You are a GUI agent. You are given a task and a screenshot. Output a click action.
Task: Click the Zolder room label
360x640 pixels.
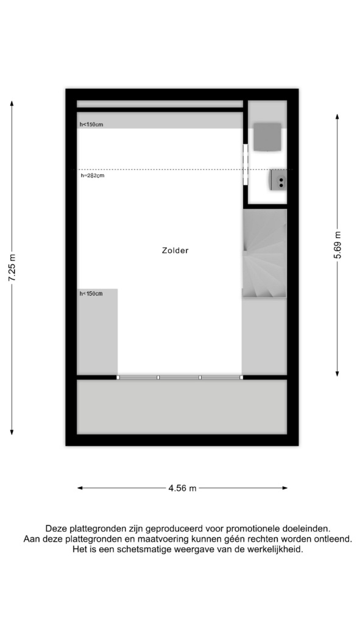coord(175,251)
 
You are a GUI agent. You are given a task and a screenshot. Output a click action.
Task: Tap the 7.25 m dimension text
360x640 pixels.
coord(12,268)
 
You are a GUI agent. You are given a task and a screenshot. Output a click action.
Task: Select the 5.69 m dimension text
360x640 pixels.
coord(337,245)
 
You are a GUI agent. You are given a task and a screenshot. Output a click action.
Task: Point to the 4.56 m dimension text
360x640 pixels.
coord(182,488)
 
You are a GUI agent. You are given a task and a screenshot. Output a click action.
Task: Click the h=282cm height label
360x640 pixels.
coord(93,176)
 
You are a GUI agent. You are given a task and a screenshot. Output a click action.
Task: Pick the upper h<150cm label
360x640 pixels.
coord(91,124)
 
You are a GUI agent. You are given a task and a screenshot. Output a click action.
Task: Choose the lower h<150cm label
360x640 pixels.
coord(91,293)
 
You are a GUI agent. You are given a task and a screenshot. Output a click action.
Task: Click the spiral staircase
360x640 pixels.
coord(264,254)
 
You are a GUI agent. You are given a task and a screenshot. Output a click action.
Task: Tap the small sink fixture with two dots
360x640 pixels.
coord(278,180)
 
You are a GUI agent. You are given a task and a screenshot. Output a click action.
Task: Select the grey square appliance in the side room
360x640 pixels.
coord(267,137)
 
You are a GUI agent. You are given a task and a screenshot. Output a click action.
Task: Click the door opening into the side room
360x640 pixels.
coord(245,164)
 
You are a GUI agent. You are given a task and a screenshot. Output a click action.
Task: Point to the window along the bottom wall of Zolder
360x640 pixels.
coord(179,377)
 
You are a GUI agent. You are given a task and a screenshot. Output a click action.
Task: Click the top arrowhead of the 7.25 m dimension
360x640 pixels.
coord(12,103)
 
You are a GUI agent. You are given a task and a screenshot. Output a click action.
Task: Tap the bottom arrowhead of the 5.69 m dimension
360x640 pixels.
coord(337,373)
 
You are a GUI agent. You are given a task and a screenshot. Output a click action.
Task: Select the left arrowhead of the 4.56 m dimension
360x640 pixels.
coord(80,488)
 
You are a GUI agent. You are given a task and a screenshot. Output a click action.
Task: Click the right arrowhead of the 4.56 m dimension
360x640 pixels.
coord(284,488)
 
